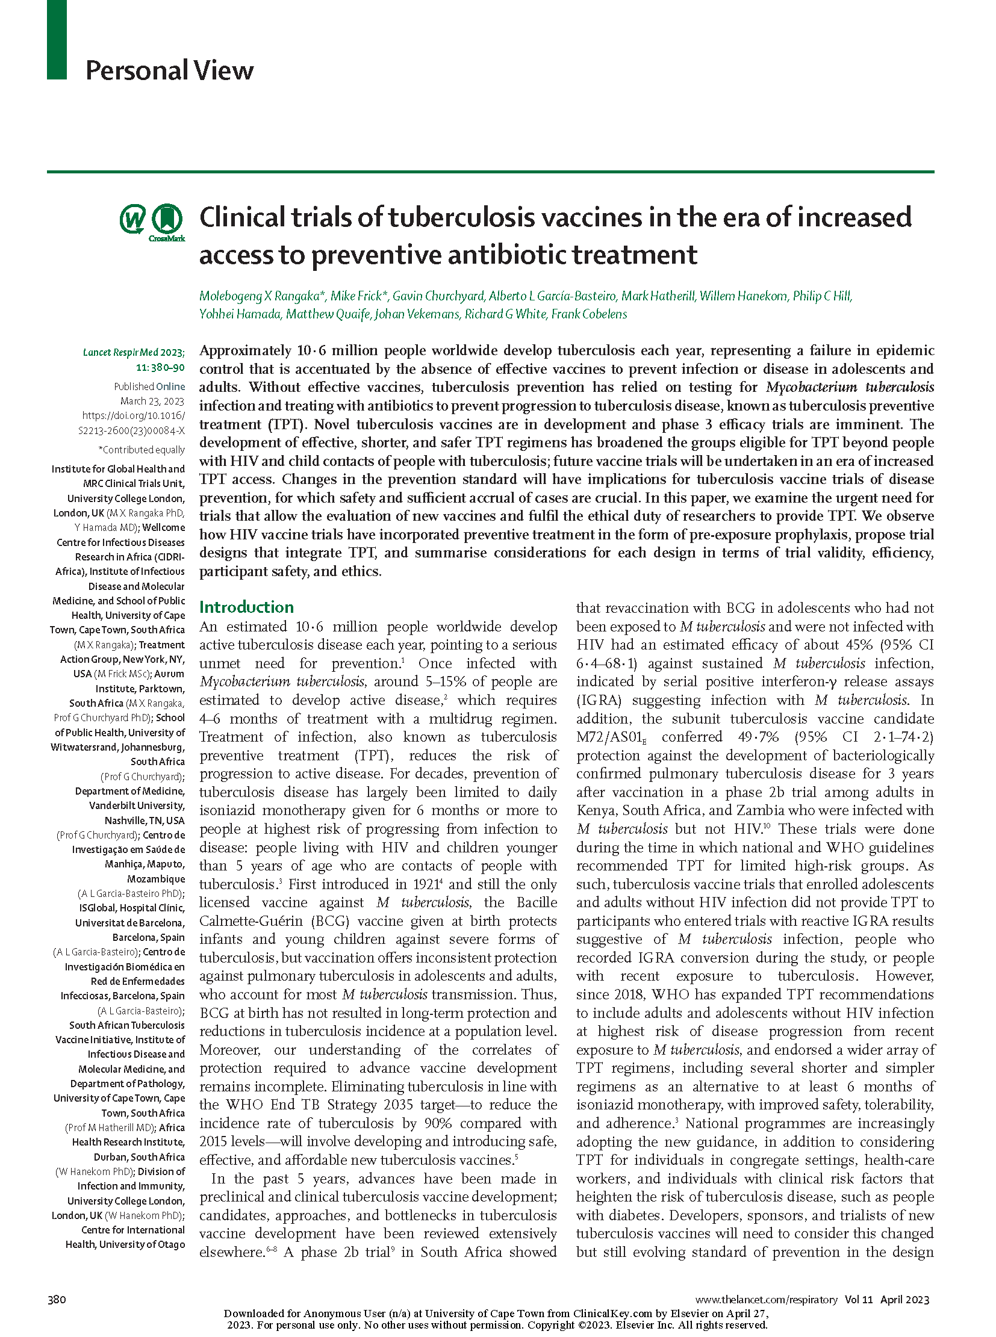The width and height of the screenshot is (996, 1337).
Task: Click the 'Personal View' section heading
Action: coord(169,70)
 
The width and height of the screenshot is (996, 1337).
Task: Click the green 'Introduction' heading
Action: coord(246,606)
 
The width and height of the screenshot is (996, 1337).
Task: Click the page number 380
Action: coord(57,1299)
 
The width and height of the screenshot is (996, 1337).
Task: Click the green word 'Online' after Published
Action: coord(170,386)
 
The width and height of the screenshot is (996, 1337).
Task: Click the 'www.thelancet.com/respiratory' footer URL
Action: coord(767,1300)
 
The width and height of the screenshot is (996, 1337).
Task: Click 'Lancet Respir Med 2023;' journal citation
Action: coord(134,353)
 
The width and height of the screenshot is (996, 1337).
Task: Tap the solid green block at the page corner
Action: coord(57,39)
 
